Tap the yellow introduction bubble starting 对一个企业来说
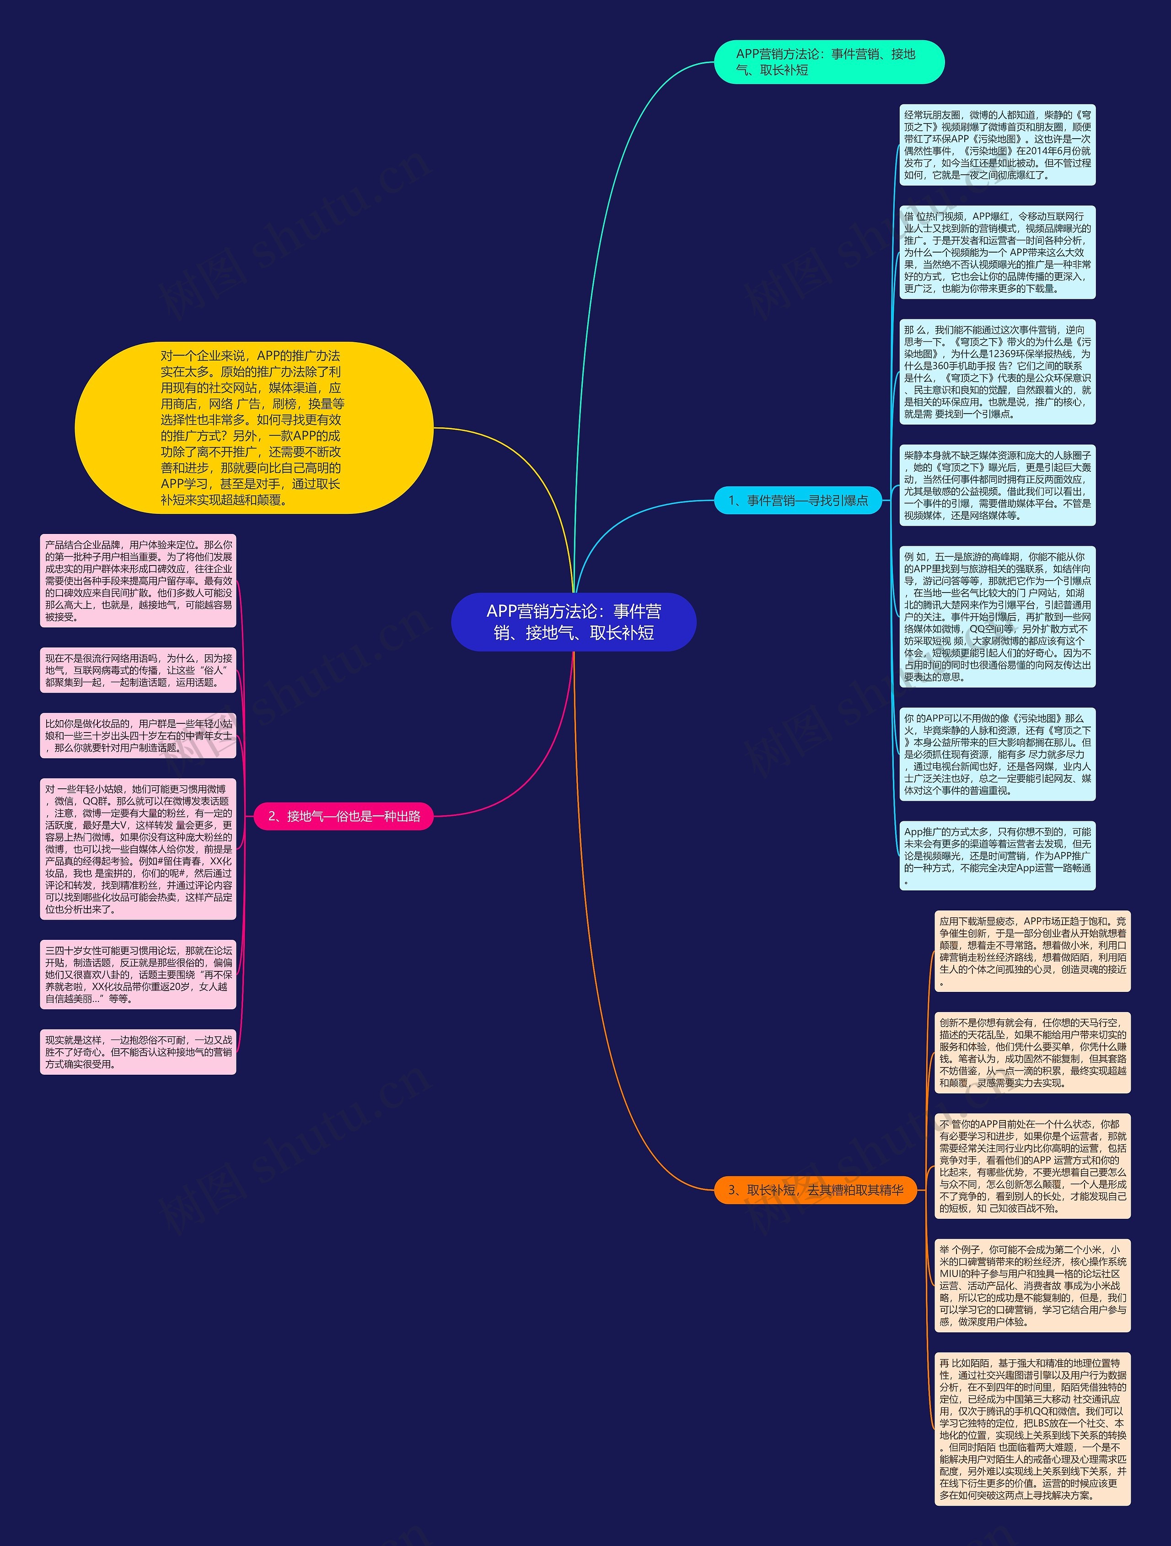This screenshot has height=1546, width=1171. (x=253, y=428)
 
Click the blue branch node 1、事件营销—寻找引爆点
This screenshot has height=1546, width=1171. (x=798, y=501)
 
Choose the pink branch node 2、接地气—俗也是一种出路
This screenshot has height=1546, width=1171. (x=344, y=816)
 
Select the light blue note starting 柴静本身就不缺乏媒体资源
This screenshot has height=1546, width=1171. (x=997, y=485)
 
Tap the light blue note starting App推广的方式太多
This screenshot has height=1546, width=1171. (x=997, y=856)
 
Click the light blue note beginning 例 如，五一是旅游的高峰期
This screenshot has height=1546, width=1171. (x=997, y=616)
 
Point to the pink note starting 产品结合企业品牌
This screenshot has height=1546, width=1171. (x=138, y=581)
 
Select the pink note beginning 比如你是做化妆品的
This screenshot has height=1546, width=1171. (x=138, y=735)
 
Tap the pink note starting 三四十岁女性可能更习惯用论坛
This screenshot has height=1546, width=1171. (x=138, y=974)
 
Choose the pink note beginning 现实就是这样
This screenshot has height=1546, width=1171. (x=138, y=1052)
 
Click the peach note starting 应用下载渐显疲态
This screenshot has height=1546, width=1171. (x=1032, y=951)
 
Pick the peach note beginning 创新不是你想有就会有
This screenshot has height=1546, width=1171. (x=1032, y=1053)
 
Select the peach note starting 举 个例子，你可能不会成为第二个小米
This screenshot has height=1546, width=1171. (x=1032, y=1285)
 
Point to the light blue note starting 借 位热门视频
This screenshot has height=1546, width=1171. (x=997, y=252)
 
